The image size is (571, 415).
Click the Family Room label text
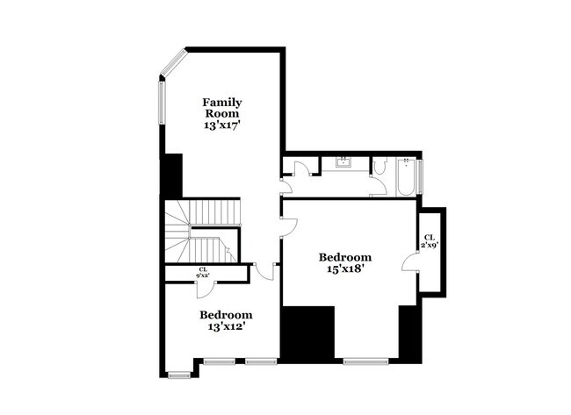222,108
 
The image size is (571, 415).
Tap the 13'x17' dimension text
222,125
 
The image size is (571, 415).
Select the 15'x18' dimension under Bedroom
344,269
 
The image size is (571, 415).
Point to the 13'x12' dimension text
226,326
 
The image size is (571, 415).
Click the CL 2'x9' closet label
430,240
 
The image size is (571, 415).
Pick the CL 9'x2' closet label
203,272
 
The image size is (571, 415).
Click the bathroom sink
343,161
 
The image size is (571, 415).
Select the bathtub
407,175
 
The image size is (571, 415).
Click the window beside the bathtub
420,175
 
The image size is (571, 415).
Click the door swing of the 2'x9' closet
409,261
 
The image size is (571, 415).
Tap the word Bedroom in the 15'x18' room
344,257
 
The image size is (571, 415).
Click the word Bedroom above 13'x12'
226,315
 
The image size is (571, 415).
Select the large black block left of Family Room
171,175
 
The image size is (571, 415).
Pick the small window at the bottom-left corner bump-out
179,375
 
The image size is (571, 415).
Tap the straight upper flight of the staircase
216,211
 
